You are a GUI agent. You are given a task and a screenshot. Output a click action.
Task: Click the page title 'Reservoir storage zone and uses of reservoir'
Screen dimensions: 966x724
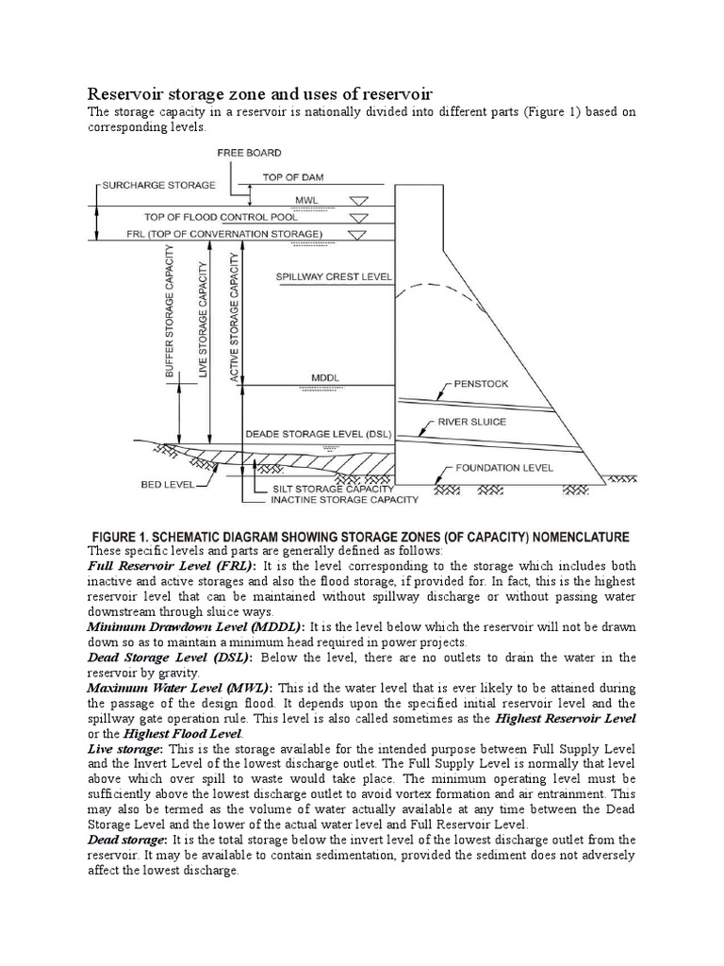259,94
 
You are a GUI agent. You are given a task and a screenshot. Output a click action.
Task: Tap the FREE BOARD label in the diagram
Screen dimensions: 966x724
249,153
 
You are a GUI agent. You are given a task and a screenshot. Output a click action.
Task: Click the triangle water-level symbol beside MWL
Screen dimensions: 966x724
357,201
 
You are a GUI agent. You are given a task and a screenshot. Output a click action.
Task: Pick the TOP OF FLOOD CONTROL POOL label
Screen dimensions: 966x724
221,217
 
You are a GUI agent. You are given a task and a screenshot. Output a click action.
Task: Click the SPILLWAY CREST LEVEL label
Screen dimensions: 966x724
334,276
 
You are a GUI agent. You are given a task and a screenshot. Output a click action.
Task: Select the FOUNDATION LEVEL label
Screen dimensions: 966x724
504,468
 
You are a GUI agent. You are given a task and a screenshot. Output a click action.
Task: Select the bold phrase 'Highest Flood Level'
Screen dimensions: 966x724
187,733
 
